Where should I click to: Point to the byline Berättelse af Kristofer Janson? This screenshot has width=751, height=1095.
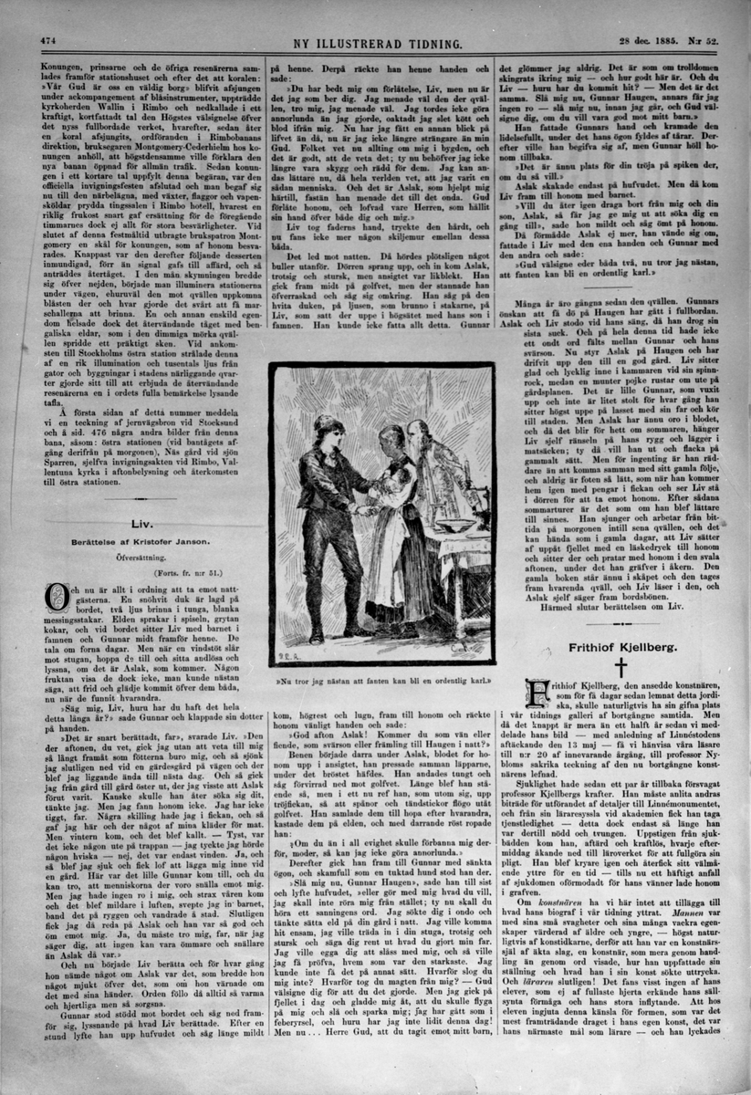[x=140, y=542]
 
